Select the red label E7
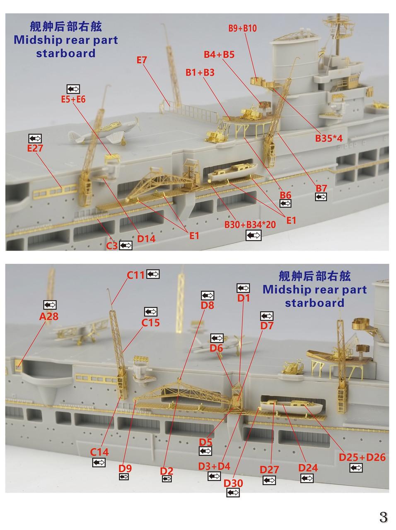[x=142, y=60]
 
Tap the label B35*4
[x=329, y=138]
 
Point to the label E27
[x=35, y=148]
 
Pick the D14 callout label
[x=146, y=238]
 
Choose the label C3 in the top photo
[x=111, y=246]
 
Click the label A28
[x=49, y=317]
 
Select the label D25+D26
[x=362, y=457]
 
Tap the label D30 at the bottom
[x=233, y=483]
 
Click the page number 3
[x=383, y=517]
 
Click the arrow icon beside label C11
[x=152, y=274]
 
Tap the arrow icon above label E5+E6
[x=73, y=89]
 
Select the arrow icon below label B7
[x=321, y=197]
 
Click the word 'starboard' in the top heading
[x=65, y=53]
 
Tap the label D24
[x=308, y=468]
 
